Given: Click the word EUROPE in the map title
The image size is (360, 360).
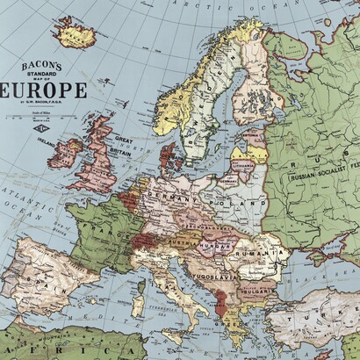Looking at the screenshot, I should click(45, 91).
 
